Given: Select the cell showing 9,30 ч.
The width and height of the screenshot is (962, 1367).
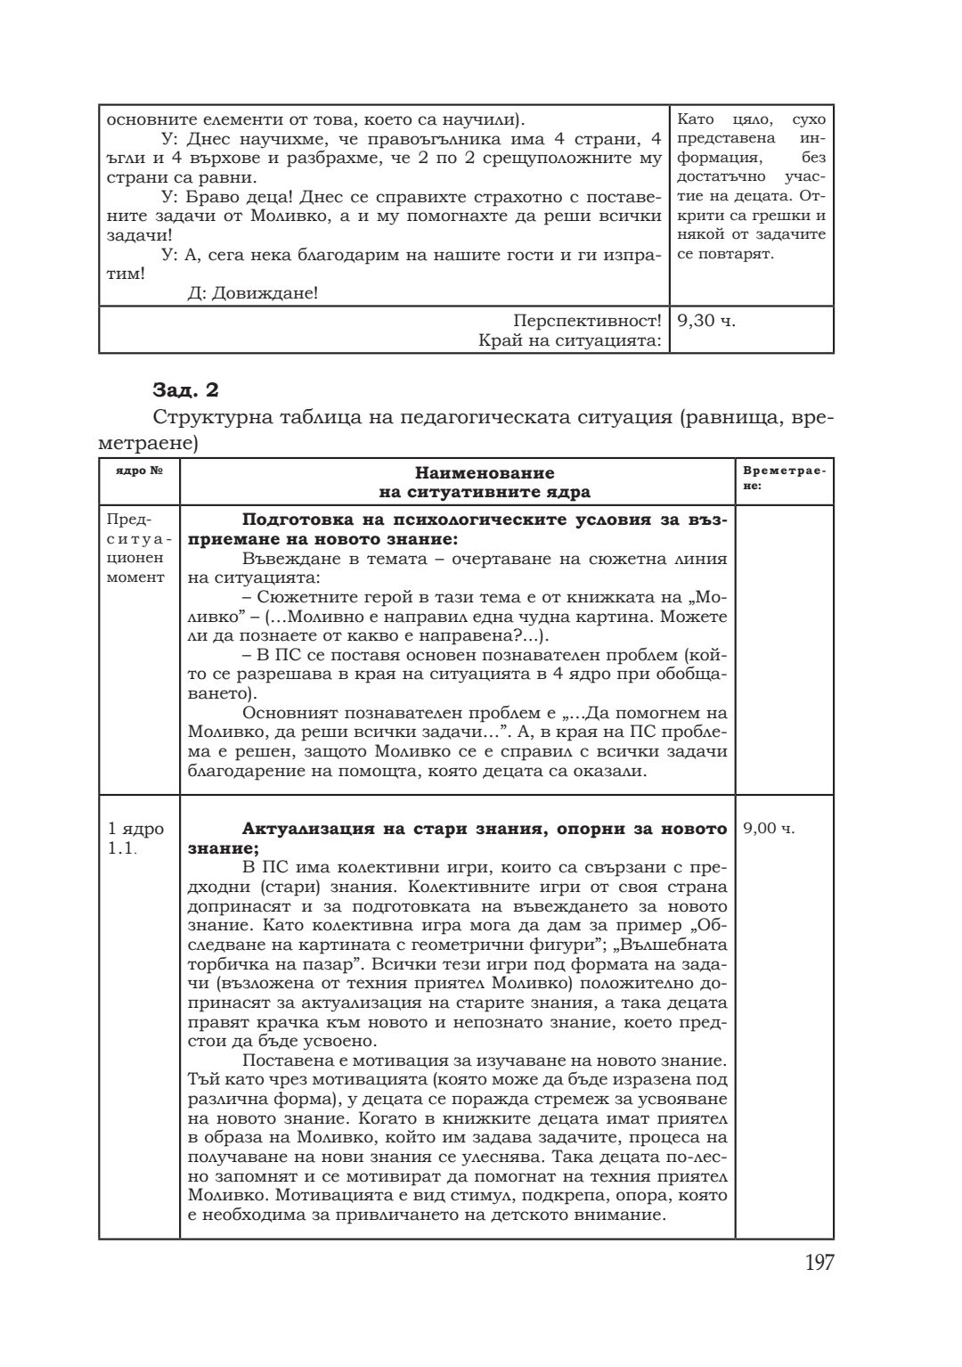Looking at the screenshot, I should (706, 320).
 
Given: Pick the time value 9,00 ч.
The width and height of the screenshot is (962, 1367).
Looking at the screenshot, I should (769, 829).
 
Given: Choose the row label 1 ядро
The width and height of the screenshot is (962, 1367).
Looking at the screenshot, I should (135, 829).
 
